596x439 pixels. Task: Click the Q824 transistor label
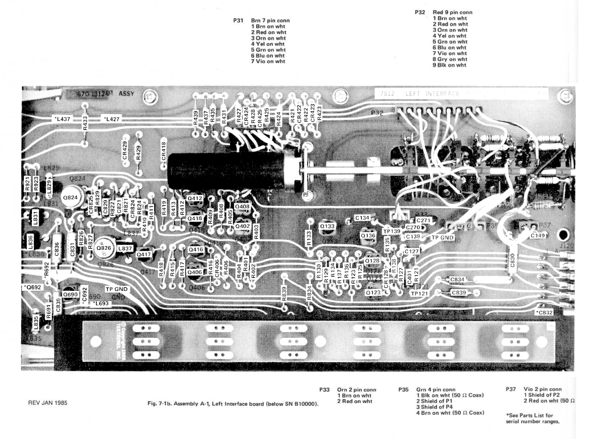(x=70, y=198)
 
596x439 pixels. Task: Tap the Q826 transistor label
(x=104, y=248)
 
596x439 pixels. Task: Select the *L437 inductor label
(x=62, y=119)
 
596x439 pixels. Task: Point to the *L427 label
(x=111, y=119)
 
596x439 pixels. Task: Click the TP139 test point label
(x=391, y=231)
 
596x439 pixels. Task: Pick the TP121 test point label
(x=419, y=293)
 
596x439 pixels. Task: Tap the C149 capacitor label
(x=537, y=235)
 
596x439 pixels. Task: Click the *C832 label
(x=544, y=312)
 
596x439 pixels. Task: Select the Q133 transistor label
(x=327, y=226)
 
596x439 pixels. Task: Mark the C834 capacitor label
(x=457, y=279)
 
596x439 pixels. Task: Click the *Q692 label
(x=32, y=287)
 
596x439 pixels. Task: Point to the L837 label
(x=125, y=248)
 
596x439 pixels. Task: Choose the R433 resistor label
(x=85, y=123)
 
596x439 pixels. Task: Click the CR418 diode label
(x=163, y=151)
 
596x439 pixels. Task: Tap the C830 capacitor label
(x=512, y=260)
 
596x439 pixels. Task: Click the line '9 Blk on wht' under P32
(x=449, y=65)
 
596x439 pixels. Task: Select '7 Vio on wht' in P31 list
(x=268, y=61)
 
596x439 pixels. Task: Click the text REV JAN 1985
(x=48, y=403)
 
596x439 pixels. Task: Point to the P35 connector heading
(x=403, y=389)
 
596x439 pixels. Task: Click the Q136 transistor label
(x=368, y=236)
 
